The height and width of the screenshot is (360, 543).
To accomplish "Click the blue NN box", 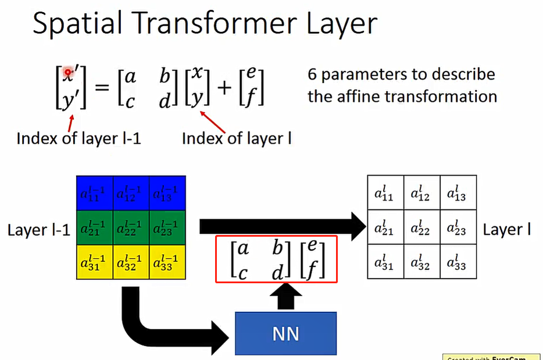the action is (285, 333).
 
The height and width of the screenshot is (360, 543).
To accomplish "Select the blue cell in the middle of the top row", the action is (130, 194).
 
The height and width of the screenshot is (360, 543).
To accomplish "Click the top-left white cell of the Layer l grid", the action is (385, 194).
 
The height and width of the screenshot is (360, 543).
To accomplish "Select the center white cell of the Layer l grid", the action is (421, 229).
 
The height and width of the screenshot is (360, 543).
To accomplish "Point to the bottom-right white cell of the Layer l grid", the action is (458, 262).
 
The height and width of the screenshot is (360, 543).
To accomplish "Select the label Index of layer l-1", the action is (78, 138).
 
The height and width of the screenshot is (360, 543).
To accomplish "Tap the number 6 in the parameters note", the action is (312, 75).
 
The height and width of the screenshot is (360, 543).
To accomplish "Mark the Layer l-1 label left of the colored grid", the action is (38, 230).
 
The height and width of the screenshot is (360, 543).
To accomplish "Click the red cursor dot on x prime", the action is (68, 72).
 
